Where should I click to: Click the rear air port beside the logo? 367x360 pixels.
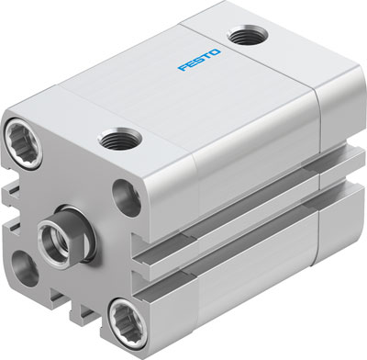[x=245, y=37]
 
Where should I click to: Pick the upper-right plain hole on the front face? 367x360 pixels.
[x=125, y=194]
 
